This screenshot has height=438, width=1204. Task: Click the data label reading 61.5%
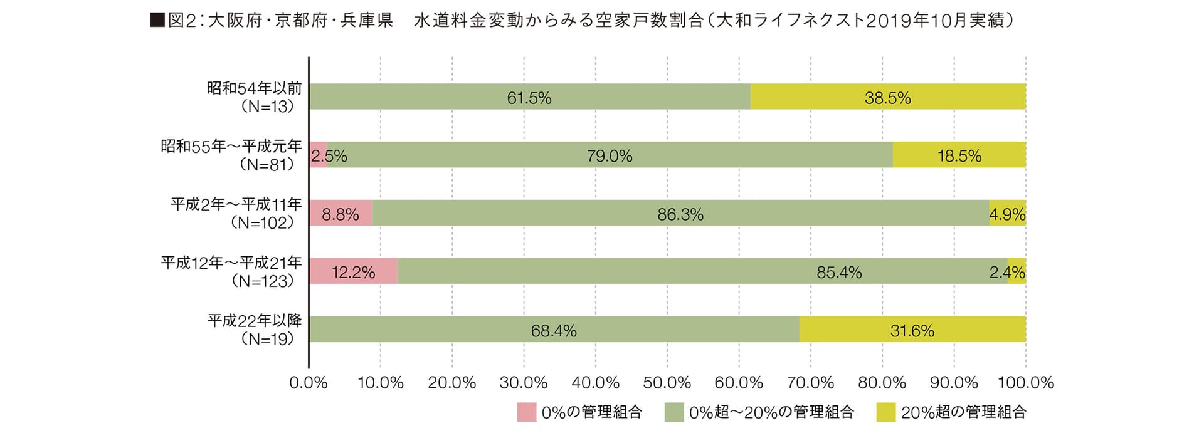[529, 98]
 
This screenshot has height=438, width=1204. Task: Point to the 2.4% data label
[1007, 273]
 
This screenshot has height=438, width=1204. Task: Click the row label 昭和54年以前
[254, 88]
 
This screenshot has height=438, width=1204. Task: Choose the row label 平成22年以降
[255, 321]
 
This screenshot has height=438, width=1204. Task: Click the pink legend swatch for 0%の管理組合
[526, 412]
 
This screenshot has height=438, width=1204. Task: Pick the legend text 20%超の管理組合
[964, 412]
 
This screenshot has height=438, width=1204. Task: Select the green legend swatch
[674, 412]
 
